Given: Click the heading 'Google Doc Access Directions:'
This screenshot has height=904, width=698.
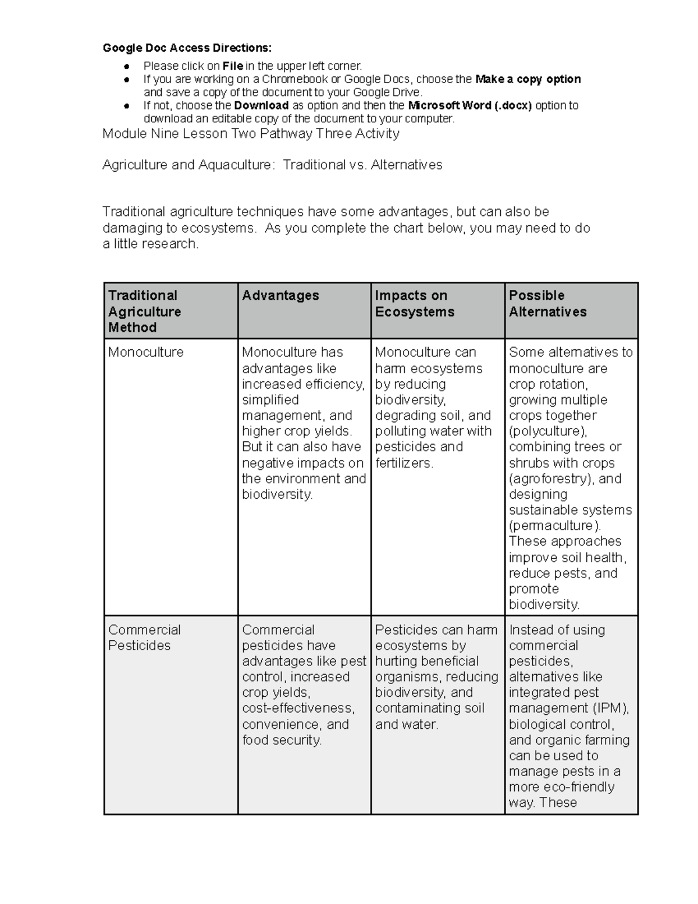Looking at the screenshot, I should pyautogui.click(x=187, y=48).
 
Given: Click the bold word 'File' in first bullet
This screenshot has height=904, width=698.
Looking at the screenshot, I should pyautogui.click(x=233, y=66).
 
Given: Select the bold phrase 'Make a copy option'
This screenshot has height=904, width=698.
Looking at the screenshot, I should pyautogui.click(x=528, y=79).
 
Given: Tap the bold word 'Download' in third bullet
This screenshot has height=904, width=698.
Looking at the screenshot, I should pyautogui.click(x=261, y=105).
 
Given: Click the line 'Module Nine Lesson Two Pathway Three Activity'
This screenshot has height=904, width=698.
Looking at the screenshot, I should pyautogui.click(x=251, y=134).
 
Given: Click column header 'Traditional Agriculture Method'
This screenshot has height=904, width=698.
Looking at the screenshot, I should pyautogui.click(x=144, y=311).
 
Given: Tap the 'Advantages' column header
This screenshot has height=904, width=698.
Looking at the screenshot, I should pyautogui.click(x=280, y=296).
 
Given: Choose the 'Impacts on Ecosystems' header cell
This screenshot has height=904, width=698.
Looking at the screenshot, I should pyautogui.click(x=414, y=303).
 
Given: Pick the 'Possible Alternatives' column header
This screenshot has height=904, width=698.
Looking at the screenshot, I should pyautogui.click(x=547, y=303).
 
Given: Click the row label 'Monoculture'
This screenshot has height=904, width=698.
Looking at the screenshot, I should pyautogui.click(x=146, y=352).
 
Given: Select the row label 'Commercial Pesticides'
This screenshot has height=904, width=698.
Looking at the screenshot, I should pyautogui.click(x=144, y=637).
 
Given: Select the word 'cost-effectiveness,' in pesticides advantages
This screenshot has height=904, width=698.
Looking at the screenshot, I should pyautogui.click(x=298, y=708).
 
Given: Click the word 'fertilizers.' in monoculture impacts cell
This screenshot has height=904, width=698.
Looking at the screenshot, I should pyautogui.click(x=404, y=463).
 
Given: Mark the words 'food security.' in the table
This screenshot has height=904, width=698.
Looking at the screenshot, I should pyautogui.click(x=282, y=740).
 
